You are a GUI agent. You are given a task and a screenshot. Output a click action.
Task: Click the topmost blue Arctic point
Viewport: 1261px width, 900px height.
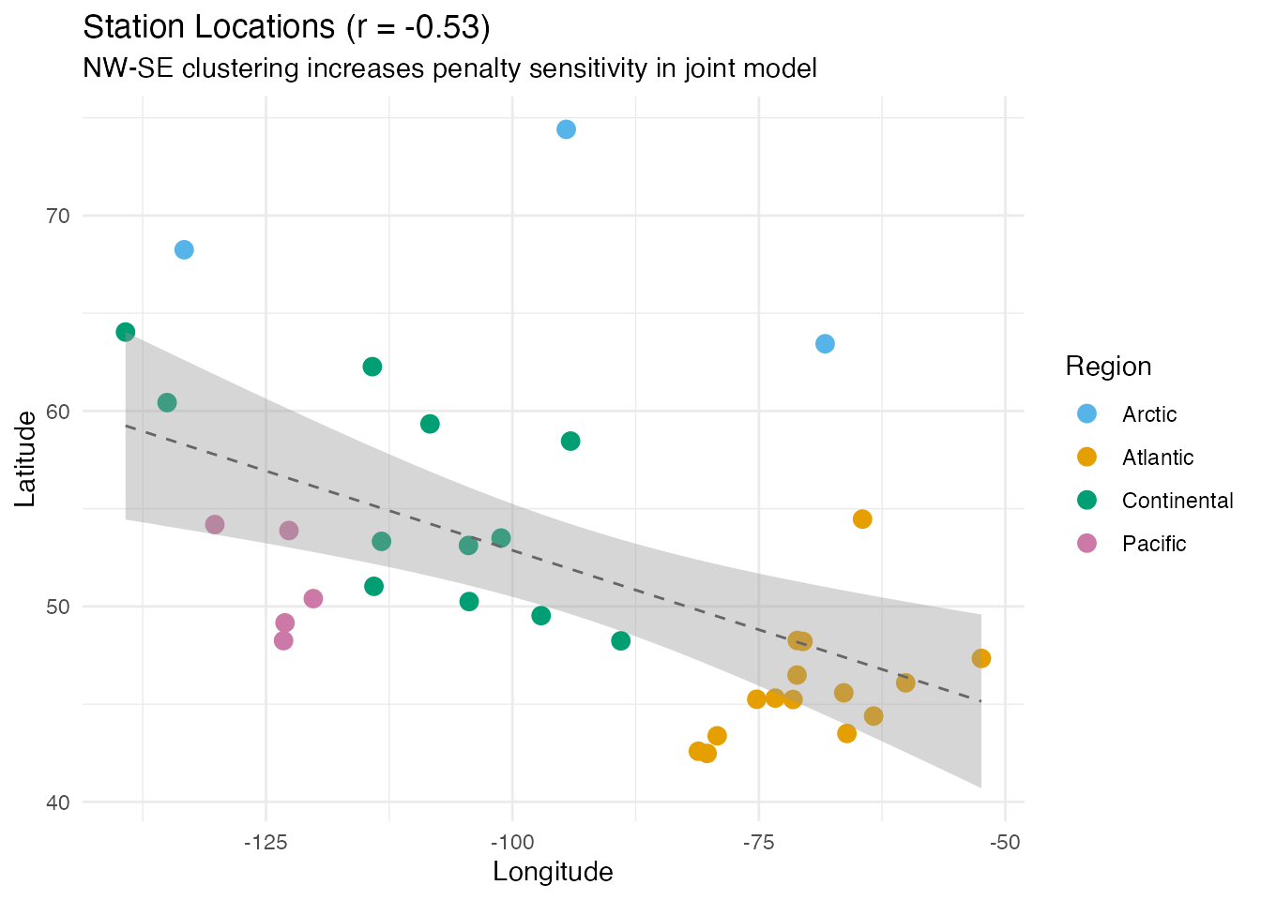566,129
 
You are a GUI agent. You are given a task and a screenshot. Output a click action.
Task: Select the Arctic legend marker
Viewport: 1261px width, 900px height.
1087,414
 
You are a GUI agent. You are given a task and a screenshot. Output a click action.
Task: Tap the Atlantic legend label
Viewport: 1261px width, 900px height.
1158,457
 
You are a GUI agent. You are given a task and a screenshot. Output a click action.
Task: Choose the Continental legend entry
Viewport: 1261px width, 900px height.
1177,501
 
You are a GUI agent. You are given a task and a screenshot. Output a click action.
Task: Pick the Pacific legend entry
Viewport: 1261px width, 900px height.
1154,544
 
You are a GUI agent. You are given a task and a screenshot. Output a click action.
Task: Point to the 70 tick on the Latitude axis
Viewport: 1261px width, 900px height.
58,216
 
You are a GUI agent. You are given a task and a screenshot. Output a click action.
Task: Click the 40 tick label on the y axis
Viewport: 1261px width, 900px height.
58,802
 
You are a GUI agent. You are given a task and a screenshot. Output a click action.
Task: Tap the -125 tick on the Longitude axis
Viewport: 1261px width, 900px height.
266,842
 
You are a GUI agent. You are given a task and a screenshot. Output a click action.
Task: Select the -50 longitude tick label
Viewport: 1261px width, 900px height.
1004,842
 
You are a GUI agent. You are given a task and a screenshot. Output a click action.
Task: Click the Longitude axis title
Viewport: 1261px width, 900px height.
553,873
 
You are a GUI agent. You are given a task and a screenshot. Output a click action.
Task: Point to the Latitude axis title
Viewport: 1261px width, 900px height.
26,459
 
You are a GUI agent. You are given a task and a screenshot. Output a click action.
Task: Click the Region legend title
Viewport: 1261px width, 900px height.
1108,367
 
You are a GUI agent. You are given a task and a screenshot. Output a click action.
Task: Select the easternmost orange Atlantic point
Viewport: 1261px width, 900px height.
981,658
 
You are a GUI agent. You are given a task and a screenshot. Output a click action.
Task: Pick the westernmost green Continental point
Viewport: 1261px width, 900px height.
126,332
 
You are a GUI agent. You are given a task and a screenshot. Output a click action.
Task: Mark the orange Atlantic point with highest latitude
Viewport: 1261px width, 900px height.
862,519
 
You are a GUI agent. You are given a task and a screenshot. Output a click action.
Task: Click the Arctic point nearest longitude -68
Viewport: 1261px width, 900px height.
825,344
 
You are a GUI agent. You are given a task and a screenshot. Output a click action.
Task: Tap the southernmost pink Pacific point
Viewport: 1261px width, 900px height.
283,640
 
